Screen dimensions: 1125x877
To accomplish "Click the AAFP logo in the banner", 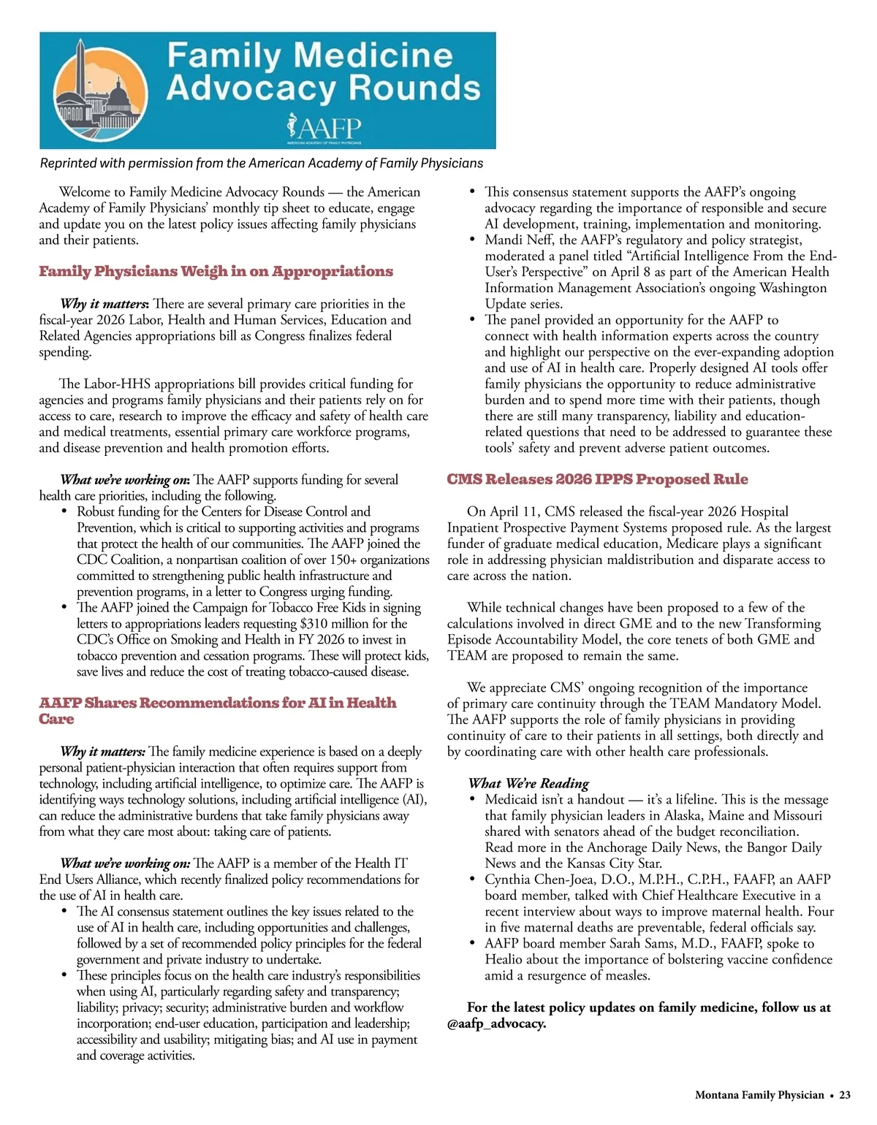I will pos(324,129).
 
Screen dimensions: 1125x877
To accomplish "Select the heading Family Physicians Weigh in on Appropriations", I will pos(216,272).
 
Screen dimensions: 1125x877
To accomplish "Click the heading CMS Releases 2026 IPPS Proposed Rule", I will pos(597,480).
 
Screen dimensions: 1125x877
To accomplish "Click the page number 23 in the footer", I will pos(845,1095).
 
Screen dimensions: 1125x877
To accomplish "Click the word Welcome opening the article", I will pos(84,192).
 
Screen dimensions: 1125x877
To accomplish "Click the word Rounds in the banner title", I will pos(414,88).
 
